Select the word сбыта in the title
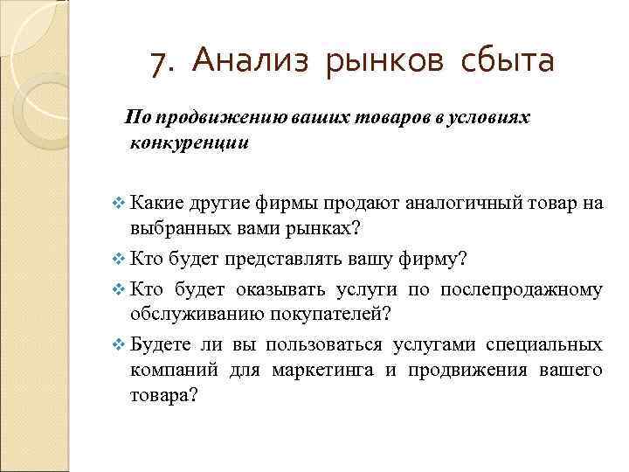pos(506,62)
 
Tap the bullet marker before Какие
pos(120,205)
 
